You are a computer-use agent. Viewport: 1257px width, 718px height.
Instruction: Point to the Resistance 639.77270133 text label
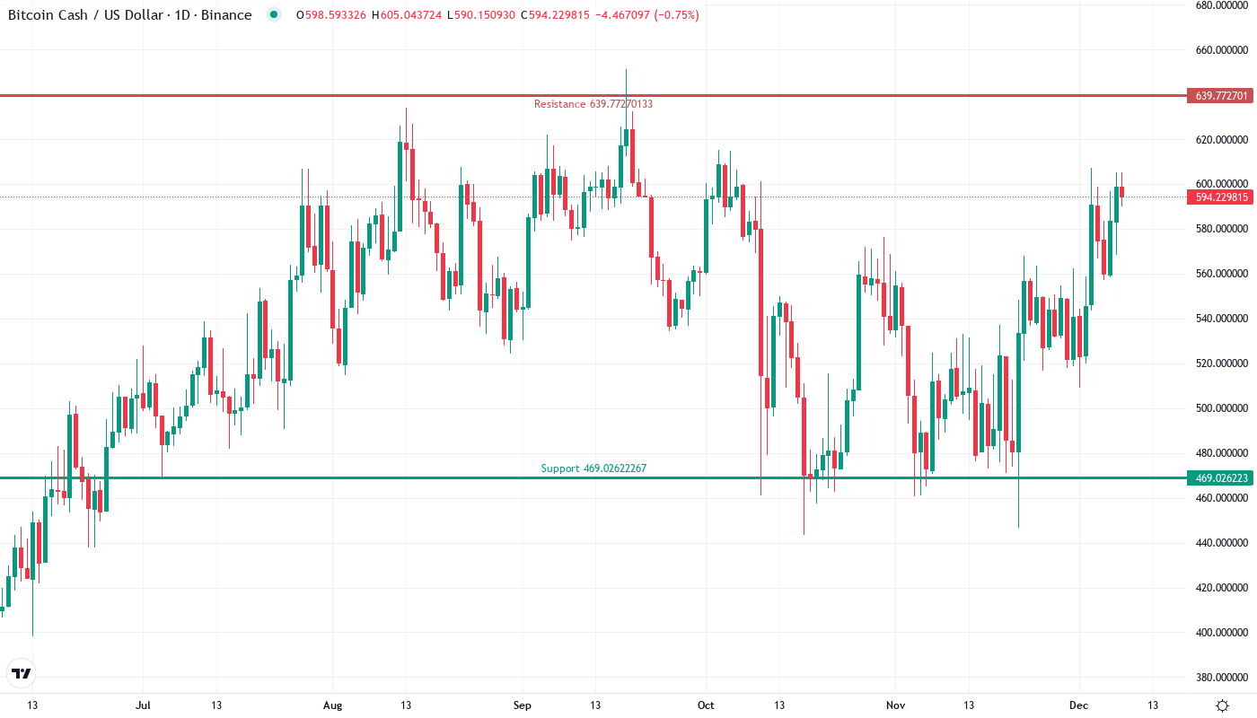(x=593, y=104)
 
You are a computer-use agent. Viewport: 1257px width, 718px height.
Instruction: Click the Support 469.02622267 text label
(x=593, y=468)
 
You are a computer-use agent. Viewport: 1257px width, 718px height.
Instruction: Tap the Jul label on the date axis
(x=143, y=705)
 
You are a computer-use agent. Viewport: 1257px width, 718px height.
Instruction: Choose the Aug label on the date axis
(x=332, y=705)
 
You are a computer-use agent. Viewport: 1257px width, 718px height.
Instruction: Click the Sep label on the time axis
(x=521, y=705)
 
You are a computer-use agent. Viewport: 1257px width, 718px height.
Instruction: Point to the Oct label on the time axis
(x=706, y=705)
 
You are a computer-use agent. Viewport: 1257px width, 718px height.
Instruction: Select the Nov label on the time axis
(x=894, y=705)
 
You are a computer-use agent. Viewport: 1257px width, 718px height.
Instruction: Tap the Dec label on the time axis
(x=1078, y=705)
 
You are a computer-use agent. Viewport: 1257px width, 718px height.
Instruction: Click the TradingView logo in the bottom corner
(x=21, y=673)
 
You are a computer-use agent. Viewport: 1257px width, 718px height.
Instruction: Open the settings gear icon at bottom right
(x=1222, y=705)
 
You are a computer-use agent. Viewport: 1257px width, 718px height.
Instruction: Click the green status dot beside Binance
(x=274, y=15)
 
